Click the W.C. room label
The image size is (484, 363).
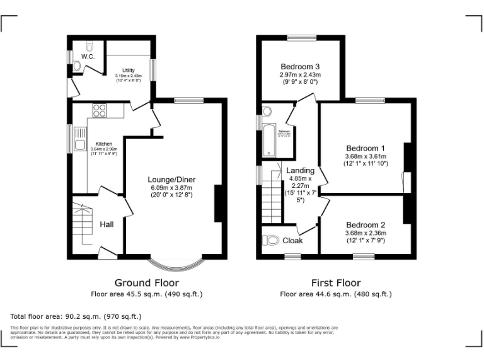coord(88,57)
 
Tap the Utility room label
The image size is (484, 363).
coord(129,70)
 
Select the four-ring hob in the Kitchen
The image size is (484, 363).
coord(100,111)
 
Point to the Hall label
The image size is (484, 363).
coord(107,224)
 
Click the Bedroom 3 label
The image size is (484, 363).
coord(300,66)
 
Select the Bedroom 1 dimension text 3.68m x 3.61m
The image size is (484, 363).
coord(366,156)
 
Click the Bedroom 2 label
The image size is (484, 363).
coord(366,224)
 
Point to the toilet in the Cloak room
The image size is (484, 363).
coord(271,240)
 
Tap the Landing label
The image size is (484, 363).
coord(300,170)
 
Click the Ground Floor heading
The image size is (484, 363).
coord(146,283)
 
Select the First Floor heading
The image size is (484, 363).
coord(336,283)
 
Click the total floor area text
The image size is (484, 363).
coord(76,316)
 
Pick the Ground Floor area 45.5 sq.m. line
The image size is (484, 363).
coord(146,294)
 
